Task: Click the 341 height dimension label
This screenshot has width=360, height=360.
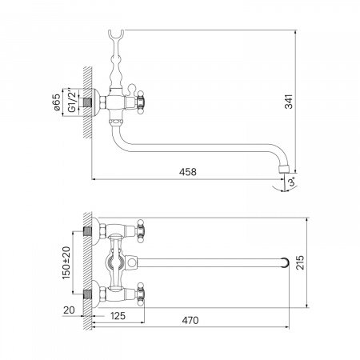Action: (x=289, y=102)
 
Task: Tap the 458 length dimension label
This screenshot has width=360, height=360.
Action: (x=188, y=172)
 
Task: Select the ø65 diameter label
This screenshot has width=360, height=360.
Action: (x=57, y=102)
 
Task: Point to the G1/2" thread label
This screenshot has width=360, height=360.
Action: (x=72, y=102)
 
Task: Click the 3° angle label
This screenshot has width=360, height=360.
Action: (x=292, y=182)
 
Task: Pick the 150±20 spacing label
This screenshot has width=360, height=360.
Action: (x=66, y=262)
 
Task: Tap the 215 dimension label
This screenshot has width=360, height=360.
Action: (x=300, y=262)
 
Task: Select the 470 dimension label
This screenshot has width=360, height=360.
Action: (x=190, y=320)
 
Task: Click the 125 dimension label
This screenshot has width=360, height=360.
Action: (x=118, y=316)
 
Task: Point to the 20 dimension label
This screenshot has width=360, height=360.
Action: (x=69, y=310)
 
